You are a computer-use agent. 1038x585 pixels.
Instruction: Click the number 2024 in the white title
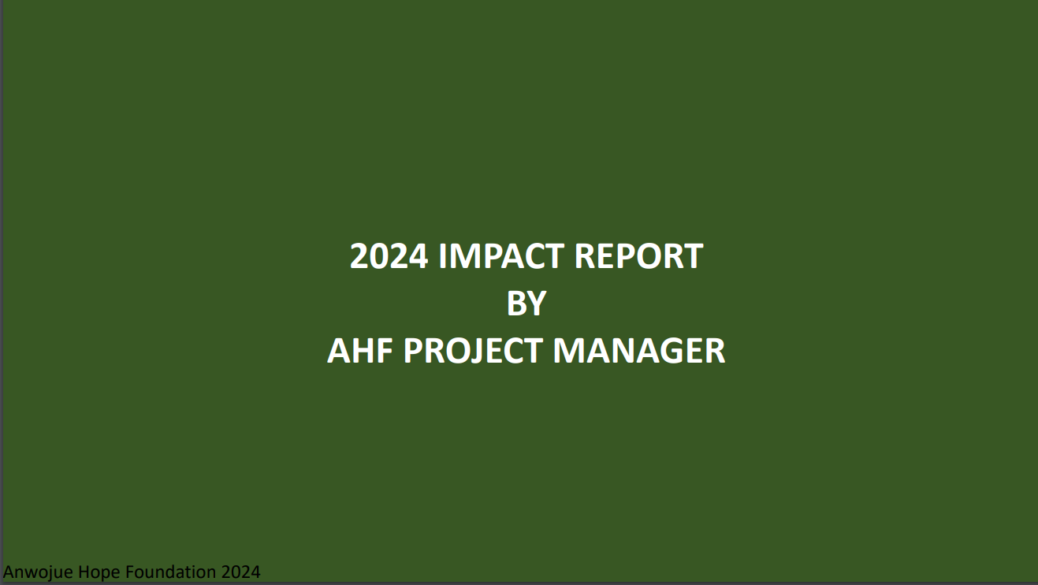389,256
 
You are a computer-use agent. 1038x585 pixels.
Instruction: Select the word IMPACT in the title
501,256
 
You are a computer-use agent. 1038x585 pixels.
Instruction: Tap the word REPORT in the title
639,256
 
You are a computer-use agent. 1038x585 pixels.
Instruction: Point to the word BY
526,304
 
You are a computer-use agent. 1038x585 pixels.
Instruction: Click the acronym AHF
360,351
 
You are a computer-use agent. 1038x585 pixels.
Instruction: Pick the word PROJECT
473,351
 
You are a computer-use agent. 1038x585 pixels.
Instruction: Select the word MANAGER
639,351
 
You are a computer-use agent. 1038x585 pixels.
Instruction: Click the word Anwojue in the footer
39,572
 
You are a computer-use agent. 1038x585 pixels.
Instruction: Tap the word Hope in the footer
99,572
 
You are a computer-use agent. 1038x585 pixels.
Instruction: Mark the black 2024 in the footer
241,572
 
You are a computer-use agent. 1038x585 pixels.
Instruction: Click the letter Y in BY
537,304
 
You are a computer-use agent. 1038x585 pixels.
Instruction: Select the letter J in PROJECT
482,352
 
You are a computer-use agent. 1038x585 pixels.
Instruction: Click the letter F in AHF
385,351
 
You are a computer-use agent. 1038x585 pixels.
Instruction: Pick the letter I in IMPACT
442,256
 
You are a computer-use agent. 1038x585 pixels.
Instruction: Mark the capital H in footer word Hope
84,572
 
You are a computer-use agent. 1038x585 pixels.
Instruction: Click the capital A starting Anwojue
9,572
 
